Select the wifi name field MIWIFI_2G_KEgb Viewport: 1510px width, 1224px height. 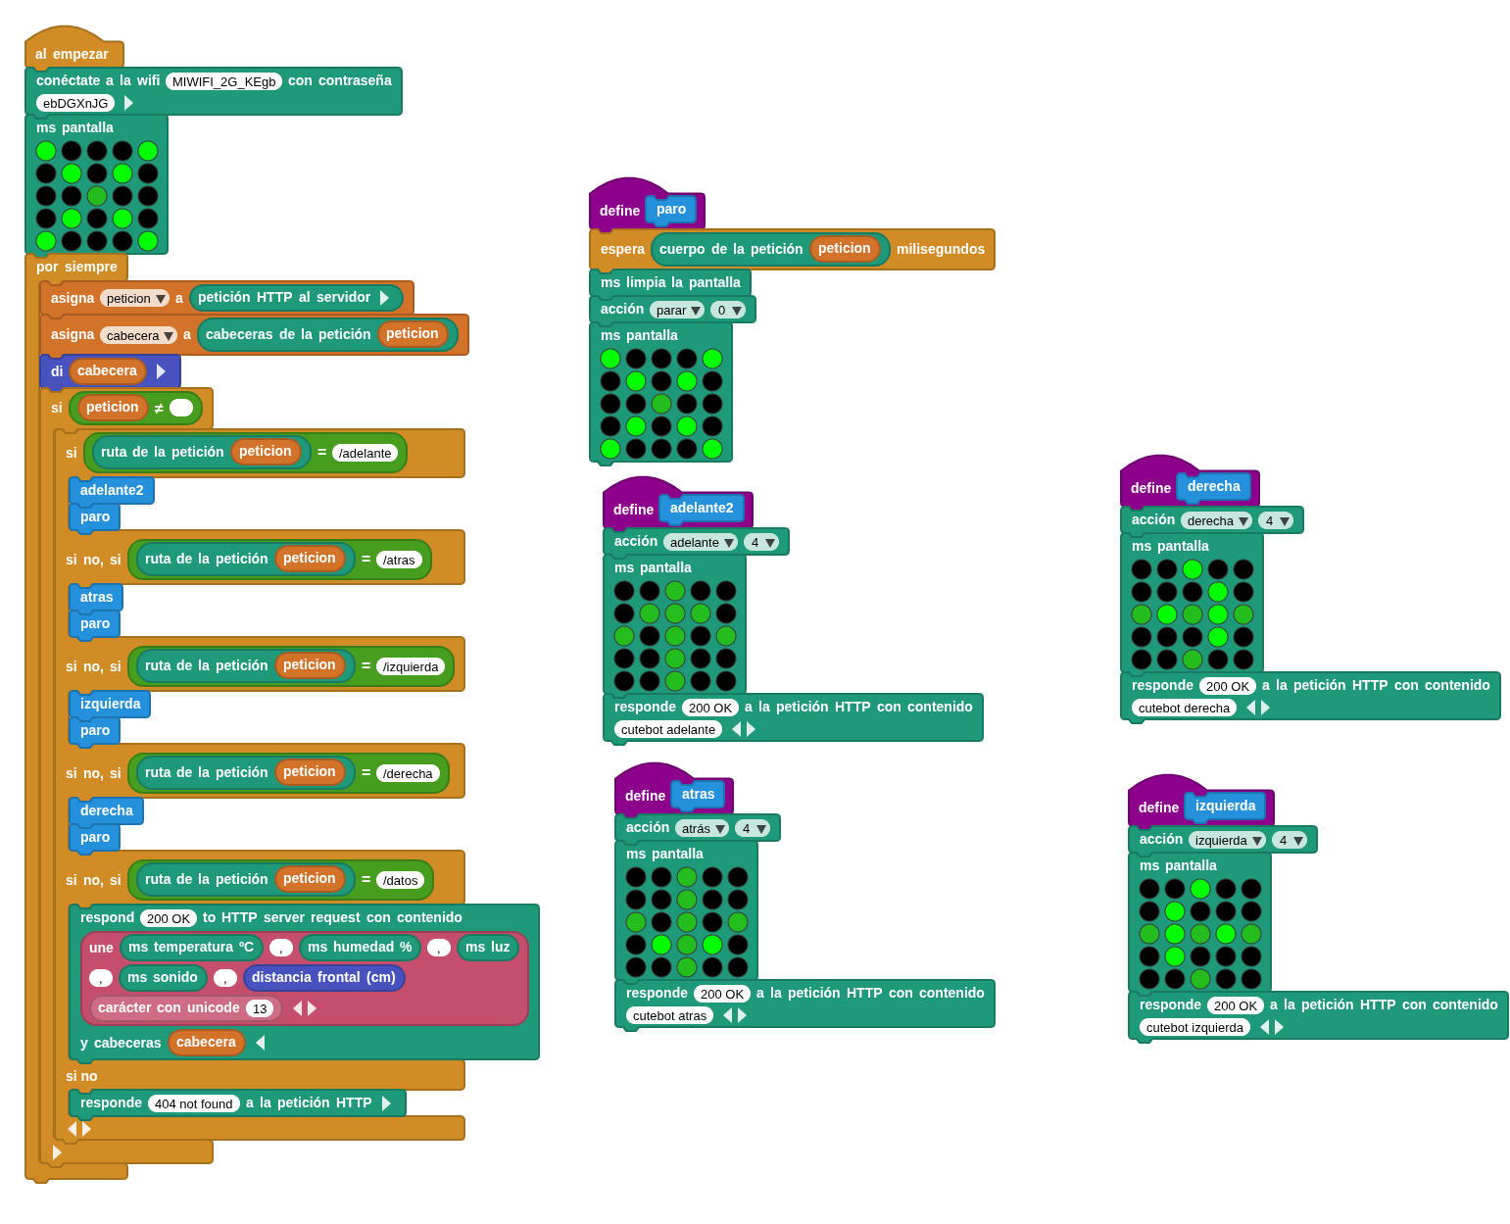pyautogui.click(x=223, y=81)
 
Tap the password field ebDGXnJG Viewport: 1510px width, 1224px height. pyautogui.click(x=75, y=103)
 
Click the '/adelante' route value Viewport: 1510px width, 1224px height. pyautogui.click(x=365, y=452)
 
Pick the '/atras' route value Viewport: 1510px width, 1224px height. pyautogui.click(x=399, y=560)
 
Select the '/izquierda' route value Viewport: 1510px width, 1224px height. pyautogui.click(x=410, y=666)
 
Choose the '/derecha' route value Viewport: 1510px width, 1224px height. pyautogui.click(x=407, y=773)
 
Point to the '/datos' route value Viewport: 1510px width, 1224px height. pyautogui.click(x=400, y=880)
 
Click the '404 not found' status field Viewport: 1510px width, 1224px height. pyautogui.click(x=193, y=1103)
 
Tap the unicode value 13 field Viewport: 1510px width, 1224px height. pyautogui.click(x=260, y=1008)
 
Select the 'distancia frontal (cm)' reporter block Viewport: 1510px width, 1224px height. pyautogui.click(x=323, y=977)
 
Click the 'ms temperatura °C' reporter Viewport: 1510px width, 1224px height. pyautogui.click(x=191, y=948)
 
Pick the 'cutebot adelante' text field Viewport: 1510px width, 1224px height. pyautogui.click(x=668, y=730)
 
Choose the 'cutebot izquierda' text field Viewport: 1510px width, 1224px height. pyautogui.click(x=1193, y=1028)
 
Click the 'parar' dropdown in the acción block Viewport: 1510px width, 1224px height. pyautogui.click(x=676, y=311)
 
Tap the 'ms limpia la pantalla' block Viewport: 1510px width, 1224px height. pyautogui.click(x=670, y=283)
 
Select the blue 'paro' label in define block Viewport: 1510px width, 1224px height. pyautogui.click(x=670, y=209)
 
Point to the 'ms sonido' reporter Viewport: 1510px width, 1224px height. pyautogui.click(x=163, y=977)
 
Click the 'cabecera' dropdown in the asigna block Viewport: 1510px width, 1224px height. pyautogui.click(x=137, y=335)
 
